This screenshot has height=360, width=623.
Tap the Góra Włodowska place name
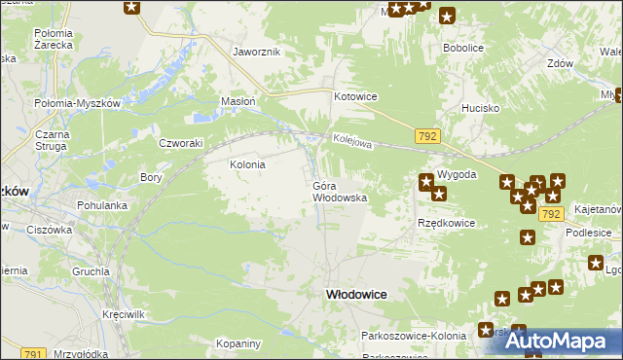[339, 191]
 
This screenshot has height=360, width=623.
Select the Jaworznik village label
[256, 52]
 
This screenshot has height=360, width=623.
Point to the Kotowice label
[355, 97]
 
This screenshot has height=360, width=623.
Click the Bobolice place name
[463, 47]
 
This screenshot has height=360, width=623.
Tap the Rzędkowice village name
[446, 223]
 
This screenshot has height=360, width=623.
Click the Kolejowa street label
[351, 142]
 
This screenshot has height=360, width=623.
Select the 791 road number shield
[32, 354]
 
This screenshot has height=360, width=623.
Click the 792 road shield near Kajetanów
[551, 213]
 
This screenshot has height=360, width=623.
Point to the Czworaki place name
[180, 142]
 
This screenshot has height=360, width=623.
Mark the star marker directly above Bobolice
[447, 16]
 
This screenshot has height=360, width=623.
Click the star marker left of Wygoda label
[426, 181]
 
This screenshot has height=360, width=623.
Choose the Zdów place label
[559, 63]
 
